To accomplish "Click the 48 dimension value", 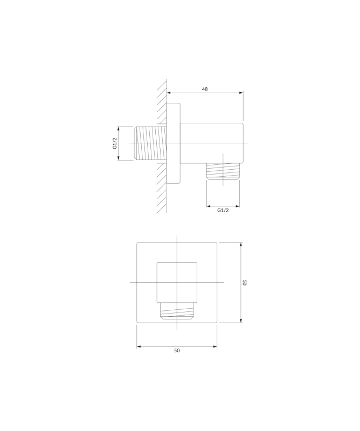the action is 205,89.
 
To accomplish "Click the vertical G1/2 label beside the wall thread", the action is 115,143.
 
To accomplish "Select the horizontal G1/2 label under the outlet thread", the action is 223,210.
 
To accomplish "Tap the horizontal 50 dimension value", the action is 177,351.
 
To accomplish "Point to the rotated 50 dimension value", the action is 245,282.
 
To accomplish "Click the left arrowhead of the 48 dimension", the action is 169,93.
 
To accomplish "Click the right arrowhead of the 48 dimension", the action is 241,93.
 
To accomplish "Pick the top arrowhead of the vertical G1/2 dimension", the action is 118,129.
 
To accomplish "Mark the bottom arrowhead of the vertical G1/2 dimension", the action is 118,158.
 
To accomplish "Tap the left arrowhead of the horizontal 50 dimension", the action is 139,346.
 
